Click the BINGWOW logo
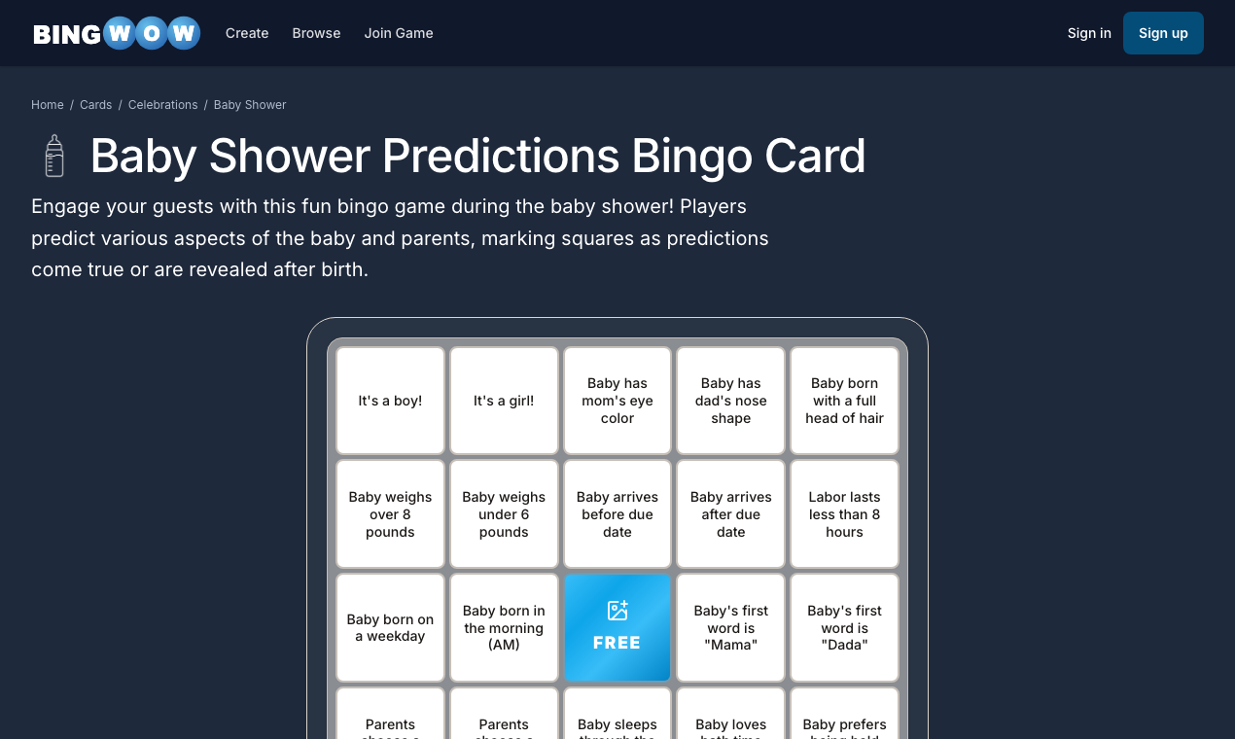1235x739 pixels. click(117, 33)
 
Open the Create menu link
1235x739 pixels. click(247, 33)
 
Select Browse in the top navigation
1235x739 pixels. click(316, 33)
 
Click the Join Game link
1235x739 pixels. click(399, 33)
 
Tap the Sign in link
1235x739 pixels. click(1089, 33)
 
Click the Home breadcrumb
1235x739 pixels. click(48, 105)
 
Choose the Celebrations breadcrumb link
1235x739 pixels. click(162, 105)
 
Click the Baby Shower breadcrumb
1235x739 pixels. click(250, 105)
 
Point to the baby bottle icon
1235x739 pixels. click(54, 156)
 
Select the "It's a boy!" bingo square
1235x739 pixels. click(390, 401)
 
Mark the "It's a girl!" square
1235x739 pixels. click(504, 401)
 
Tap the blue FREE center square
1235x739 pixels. click(617, 627)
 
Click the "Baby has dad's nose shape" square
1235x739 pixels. click(730, 401)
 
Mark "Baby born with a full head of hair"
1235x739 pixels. click(844, 401)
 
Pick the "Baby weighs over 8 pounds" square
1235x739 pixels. click(390, 514)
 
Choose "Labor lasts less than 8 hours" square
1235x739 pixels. click(844, 514)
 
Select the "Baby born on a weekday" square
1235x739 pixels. click(390, 627)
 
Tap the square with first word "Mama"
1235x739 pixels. click(730, 627)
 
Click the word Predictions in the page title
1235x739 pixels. click(501, 156)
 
